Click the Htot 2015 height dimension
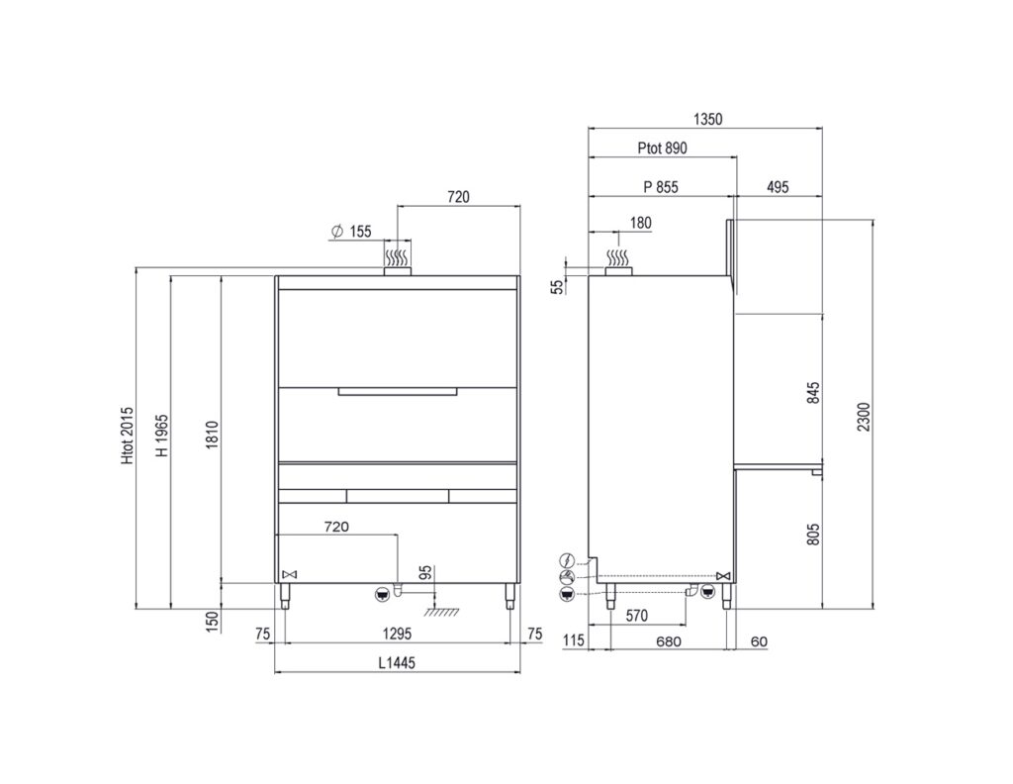pos(128,435)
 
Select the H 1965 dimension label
pos(163,435)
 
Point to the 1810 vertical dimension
pos(214,435)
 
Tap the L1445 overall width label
pos(397,662)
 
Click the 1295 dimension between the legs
pos(397,634)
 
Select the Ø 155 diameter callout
pos(351,232)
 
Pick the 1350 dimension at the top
pos(707,119)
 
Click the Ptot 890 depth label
pos(662,148)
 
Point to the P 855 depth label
pos(661,187)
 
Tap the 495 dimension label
pos(778,187)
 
